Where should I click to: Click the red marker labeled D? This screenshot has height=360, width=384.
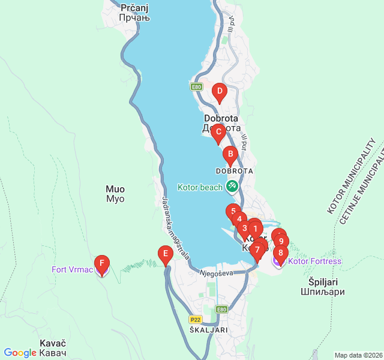(220, 93)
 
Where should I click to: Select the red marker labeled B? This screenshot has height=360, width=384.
(230, 154)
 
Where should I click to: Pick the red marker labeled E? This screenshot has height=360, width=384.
(166, 254)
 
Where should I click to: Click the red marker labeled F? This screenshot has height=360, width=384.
(102, 263)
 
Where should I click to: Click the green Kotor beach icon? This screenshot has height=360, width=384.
(232, 187)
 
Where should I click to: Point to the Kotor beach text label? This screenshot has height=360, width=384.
(200, 187)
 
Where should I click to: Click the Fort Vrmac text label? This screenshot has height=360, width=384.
(72, 269)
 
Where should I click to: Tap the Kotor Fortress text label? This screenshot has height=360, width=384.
(314, 261)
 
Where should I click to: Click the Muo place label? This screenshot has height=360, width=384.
(115, 193)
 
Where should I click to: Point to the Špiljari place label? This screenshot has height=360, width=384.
(323, 287)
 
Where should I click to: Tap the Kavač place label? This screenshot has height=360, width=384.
(53, 347)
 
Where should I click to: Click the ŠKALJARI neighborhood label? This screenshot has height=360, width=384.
(208, 330)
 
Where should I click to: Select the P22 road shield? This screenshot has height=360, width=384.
(195, 319)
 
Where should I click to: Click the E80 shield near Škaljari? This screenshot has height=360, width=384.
(221, 310)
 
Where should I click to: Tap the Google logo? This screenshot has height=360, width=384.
(20, 353)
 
